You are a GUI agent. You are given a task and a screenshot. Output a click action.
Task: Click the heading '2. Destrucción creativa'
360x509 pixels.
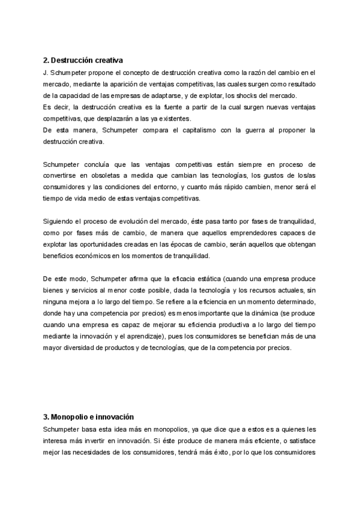click(x=83, y=61)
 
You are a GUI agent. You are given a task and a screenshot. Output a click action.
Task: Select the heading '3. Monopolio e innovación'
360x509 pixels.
click(x=88, y=417)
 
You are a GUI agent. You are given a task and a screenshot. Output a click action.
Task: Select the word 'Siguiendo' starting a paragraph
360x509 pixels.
click(x=61, y=221)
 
